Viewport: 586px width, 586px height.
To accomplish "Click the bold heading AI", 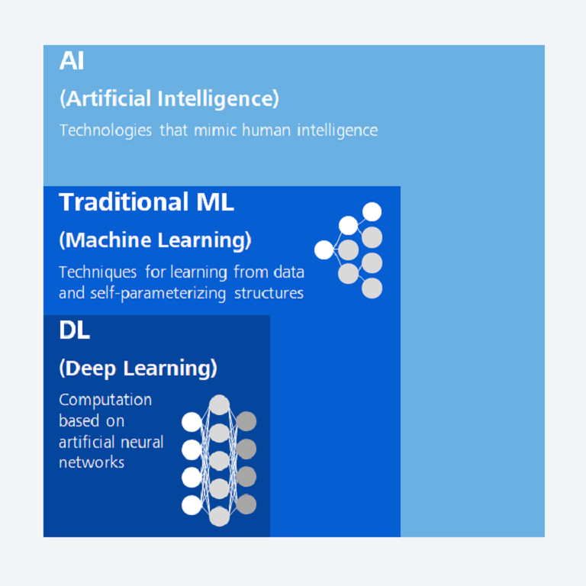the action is point(72,60).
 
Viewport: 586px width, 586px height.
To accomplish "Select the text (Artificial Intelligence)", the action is point(169,98).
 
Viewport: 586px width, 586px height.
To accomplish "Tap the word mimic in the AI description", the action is point(215,130).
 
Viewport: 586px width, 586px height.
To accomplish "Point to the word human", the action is point(266,130).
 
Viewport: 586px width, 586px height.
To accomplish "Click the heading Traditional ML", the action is point(146,201).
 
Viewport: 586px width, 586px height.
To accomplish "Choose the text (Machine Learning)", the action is point(155,240).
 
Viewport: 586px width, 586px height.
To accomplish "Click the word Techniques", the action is point(98,272).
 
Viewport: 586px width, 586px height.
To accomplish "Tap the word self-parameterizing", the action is point(158,293).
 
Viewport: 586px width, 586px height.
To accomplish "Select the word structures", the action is point(269,293).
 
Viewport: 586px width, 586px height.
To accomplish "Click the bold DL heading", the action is point(74,330).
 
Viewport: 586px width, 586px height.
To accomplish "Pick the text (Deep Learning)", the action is point(138,369).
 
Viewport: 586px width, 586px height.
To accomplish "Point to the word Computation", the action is point(105,400).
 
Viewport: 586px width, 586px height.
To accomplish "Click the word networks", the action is point(92,462).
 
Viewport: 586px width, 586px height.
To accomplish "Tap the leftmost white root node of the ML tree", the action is point(324,250).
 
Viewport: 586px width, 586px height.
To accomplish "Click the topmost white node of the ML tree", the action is point(372,212).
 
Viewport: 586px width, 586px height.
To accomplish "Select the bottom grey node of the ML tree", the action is point(372,288).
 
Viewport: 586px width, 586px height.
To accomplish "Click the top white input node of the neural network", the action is point(192,422).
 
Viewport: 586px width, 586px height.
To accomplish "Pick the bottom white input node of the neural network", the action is point(192,505).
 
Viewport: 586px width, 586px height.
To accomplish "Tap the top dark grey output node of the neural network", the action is point(246,421).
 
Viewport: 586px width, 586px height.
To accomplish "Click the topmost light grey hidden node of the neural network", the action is point(220,404).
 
